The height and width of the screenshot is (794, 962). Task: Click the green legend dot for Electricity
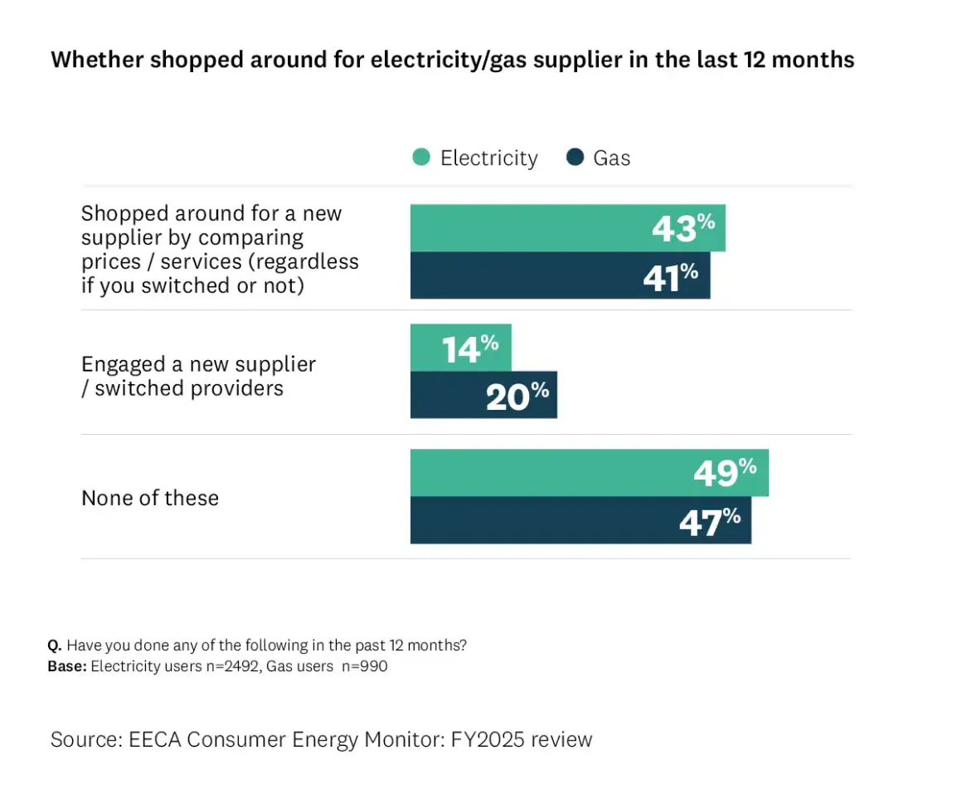click(421, 158)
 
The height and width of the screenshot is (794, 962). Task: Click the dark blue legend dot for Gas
click(575, 158)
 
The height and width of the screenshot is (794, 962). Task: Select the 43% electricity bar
click(567, 228)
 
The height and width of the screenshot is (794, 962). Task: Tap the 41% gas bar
click(560, 275)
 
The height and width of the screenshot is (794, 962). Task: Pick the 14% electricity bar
click(460, 348)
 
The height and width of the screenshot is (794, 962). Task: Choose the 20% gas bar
click(483, 395)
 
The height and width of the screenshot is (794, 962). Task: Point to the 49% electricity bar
click(589, 473)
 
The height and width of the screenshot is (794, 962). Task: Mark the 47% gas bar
click(581, 520)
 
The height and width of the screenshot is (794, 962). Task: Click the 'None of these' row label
click(150, 498)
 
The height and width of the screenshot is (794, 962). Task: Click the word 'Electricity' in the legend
click(488, 158)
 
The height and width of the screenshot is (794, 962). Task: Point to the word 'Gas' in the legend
click(612, 158)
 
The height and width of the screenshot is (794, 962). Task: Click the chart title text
click(452, 60)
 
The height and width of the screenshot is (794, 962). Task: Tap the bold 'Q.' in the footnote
click(55, 645)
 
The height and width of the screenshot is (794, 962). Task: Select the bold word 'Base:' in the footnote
click(67, 665)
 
